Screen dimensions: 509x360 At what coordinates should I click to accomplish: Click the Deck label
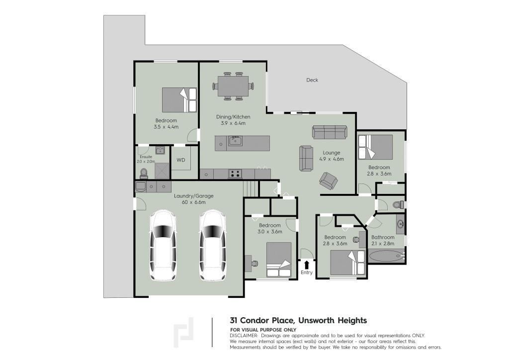tap(312, 80)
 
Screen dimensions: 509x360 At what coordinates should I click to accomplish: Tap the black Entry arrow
tap(306, 265)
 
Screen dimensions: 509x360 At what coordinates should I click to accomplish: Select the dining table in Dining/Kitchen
tap(233, 86)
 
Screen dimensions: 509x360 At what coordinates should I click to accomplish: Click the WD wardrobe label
tap(181, 160)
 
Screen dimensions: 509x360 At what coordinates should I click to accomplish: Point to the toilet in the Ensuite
tap(144, 174)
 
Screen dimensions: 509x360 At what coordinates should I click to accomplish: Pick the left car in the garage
tap(163, 246)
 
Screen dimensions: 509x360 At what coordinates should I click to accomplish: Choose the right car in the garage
tap(212, 246)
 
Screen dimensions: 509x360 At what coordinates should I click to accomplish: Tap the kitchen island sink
tap(235, 141)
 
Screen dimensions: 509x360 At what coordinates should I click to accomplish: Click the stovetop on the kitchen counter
tap(235, 174)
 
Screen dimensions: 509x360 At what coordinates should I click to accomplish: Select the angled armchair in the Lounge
tap(328, 180)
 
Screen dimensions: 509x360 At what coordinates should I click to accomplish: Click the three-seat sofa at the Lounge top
tap(330, 132)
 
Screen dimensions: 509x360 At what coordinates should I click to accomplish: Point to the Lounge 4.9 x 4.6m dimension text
tap(332, 159)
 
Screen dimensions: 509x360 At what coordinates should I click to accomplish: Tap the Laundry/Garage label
tap(194, 196)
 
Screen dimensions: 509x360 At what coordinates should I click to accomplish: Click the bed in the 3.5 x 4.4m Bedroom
tap(179, 99)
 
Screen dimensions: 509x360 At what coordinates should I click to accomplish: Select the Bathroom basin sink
tap(400, 224)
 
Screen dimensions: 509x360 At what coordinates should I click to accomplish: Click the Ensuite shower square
tap(163, 171)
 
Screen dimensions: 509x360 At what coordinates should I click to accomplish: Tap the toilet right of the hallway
tap(398, 205)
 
